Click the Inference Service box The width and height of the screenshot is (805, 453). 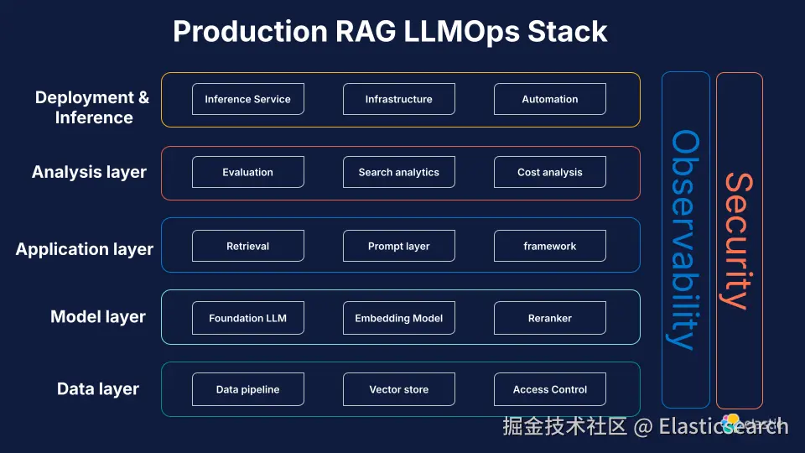[x=248, y=99]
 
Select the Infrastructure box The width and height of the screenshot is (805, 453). [x=399, y=99]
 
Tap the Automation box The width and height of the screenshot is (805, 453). [x=550, y=99]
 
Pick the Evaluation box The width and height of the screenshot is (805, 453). [x=248, y=172]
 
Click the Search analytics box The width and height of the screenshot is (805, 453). [x=399, y=172]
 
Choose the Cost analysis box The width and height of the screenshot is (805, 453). [x=550, y=172]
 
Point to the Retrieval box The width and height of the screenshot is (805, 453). [x=248, y=246]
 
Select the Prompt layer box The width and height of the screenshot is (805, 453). [x=399, y=246]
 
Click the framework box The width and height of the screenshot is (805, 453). [x=550, y=246]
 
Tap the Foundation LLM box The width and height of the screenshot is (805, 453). [x=248, y=318]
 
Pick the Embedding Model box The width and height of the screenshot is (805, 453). [x=399, y=318]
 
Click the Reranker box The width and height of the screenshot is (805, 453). [x=550, y=318]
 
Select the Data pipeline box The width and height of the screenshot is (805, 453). [x=248, y=389]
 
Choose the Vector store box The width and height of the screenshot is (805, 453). [x=399, y=389]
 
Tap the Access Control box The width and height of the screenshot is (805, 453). [x=550, y=389]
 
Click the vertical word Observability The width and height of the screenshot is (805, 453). [x=685, y=240]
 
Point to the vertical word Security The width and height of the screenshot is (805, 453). [x=738, y=241]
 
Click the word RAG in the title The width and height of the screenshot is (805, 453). [x=366, y=31]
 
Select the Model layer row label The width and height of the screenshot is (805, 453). [x=98, y=317]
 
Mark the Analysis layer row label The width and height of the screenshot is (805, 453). [x=90, y=172]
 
